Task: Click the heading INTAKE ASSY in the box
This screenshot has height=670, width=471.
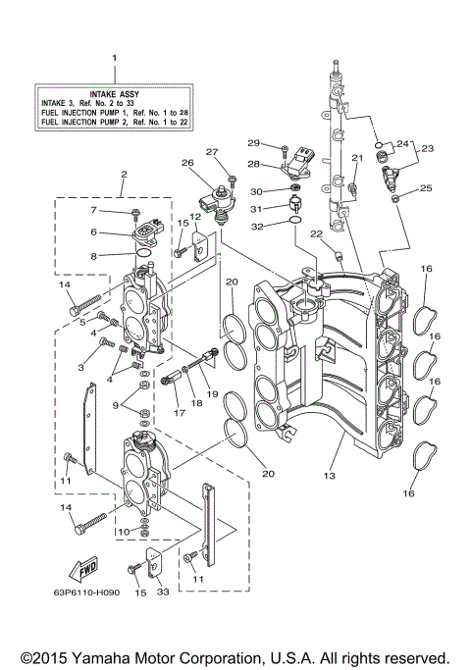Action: [114, 92]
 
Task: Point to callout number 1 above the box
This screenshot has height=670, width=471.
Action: [114, 60]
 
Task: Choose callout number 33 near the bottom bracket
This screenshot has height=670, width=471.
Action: [162, 592]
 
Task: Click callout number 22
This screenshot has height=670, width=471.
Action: [316, 233]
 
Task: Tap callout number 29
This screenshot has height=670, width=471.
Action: [252, 144]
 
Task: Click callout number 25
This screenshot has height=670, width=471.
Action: [426, 188]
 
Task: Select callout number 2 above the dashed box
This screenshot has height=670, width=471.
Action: [124, 176]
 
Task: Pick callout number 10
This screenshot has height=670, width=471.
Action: [123, 531]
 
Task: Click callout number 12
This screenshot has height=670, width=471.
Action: [195, 217]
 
